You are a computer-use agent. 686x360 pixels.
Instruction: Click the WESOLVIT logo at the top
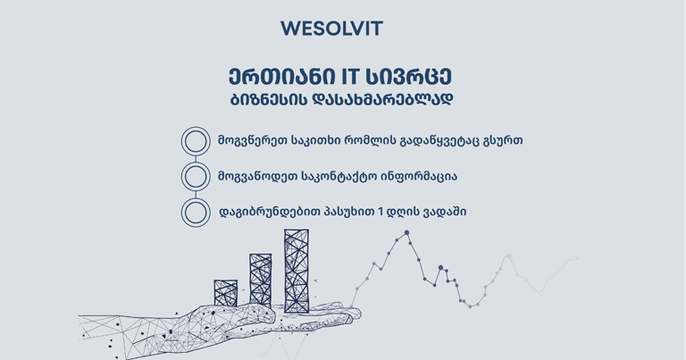point(331,29)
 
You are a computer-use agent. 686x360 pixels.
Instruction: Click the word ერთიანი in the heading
point(281,77)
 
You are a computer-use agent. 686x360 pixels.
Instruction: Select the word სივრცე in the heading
point(408,77)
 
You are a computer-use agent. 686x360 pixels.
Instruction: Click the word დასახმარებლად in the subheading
point(382,100)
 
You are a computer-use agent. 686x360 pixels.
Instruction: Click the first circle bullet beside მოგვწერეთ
point(196,141)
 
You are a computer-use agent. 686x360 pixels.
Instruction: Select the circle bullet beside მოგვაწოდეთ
point(196,177)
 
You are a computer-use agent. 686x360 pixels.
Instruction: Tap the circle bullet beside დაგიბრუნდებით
point(196,213)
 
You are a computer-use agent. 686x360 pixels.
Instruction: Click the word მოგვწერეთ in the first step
point(253,141)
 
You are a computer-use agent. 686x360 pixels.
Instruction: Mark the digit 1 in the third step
point(381,212)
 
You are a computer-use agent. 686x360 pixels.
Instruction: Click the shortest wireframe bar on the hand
point(226,293)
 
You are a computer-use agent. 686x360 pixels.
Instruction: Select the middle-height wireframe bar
point(260,280)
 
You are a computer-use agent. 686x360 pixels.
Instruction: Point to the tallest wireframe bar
point(297,271)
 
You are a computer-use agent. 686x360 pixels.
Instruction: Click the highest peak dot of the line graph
point(407,233)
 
